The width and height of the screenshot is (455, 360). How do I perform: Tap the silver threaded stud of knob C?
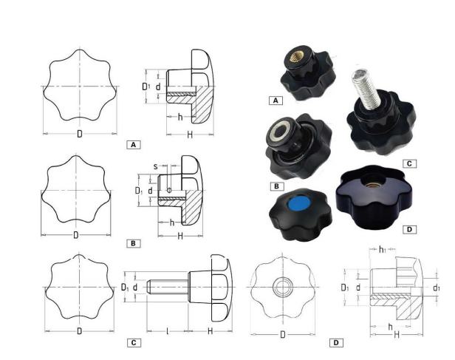(x=365, y=89)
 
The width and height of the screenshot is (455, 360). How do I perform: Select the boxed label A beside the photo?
(x=276, y=101)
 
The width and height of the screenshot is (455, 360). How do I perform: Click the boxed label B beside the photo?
(x=276, y=186)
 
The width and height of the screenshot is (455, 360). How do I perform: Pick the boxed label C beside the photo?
(x=409, y=163)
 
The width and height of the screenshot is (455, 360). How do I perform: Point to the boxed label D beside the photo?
(x=409, y=229)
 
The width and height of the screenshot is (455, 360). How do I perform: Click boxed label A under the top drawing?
(x=134, y=145)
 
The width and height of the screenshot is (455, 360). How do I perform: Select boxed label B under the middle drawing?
(x=134, y=243)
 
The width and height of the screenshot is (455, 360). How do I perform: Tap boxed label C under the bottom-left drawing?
(x=134, y=343)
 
